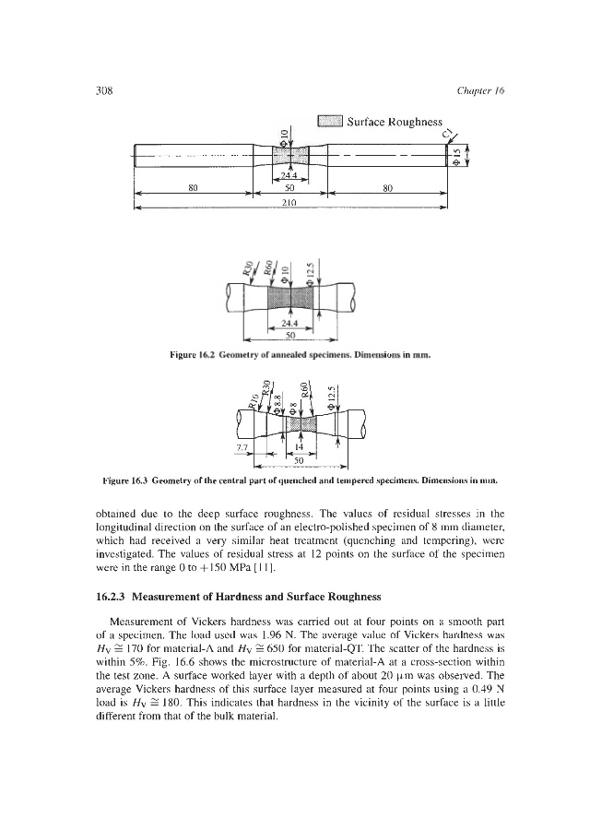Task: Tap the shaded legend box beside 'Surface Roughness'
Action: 330,121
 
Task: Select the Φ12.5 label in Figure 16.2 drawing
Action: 312,275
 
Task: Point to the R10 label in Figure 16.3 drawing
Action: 253,399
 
